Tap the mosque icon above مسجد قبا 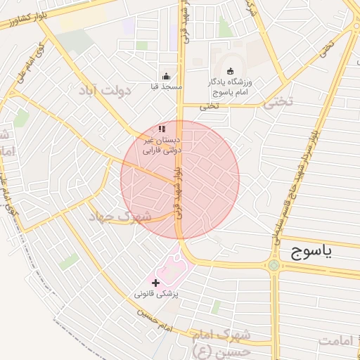pyautogui.click(x=166, y=77)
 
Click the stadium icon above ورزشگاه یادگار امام pyautogui.click(x=231, y=70)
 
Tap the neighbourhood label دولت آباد pyautogui.click(x=106, y=90)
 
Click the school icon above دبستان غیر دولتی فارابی pyautogui.click(x=162, y=129)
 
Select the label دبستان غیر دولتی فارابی pyautogui.click(x=162, y=145)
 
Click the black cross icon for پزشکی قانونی pyautogui.click(x=155, y=282)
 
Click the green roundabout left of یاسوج pyautogui.click(x=273, y=265)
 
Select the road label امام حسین pyautogui.click(x=155, y=319)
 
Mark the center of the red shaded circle pyautogui.click(x=180, y=179)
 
